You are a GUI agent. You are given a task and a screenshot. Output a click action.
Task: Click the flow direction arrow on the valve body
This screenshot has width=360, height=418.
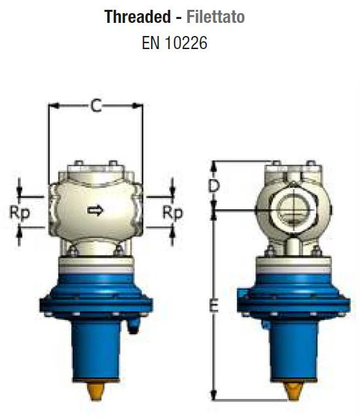coord(96,210)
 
